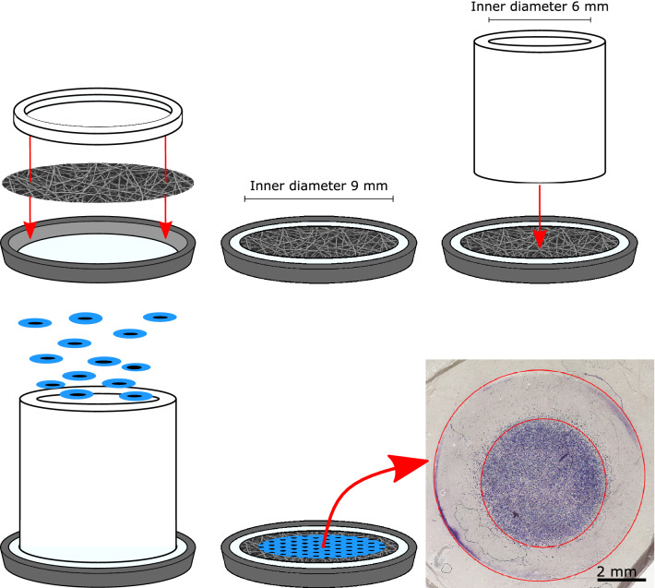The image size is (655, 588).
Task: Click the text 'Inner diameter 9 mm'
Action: pyautogui.click(x=320, y=183)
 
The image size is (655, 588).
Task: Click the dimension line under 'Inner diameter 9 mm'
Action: pyautogui.click(x=320, y=198)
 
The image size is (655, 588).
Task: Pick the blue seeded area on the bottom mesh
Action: pyautogui.click(x=318, y=546)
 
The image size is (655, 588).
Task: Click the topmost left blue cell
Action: pyautogui.click(x=38, y=322)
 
